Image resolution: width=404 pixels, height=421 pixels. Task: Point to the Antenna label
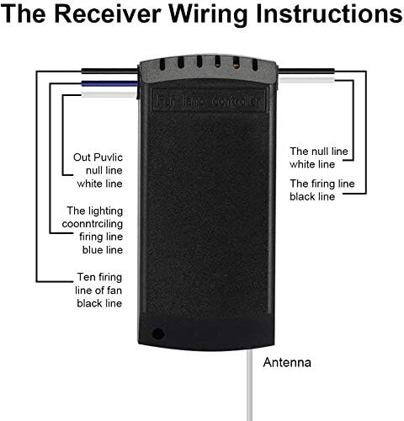(x=288, y=364)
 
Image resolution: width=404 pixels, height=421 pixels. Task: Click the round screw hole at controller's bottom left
(x=158, y=333)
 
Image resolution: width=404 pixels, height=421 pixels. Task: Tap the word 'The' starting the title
(x=35, y=17)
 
